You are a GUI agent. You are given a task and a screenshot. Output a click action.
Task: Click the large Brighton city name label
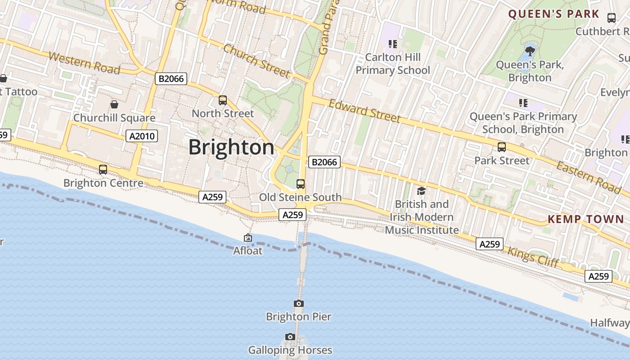(x=231, y=147)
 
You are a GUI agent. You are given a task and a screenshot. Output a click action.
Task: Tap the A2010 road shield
(x=142, y=136)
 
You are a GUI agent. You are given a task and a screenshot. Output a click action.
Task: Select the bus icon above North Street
(x=223, y=100)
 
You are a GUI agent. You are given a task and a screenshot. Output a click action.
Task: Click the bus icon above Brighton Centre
(x=103, y=170)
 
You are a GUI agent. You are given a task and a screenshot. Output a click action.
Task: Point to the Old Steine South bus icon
(x=301, y=184)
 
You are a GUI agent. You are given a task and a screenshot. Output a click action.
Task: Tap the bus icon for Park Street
(x=501, y=147)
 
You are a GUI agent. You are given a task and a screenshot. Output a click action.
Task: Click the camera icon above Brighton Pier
(x=298, y=304)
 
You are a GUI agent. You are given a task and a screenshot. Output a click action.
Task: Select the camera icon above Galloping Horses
(x=290, y=337)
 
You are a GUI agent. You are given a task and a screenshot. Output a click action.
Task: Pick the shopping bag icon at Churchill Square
(x=114, y=105)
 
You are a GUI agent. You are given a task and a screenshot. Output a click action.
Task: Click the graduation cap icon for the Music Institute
(x=421, y=191)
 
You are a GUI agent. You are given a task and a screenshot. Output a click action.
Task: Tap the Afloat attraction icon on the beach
(x=247, y=238)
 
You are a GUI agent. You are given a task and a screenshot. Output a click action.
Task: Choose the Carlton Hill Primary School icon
(x=393, y=44)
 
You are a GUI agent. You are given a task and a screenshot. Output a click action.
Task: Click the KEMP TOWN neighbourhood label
(x=585, y=219)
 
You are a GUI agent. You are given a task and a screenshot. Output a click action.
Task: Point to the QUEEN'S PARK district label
(x=553, y=14)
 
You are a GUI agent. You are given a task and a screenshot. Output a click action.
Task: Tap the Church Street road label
(x=256, y=60)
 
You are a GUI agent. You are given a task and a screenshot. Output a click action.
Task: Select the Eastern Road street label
(x=589, y=177)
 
